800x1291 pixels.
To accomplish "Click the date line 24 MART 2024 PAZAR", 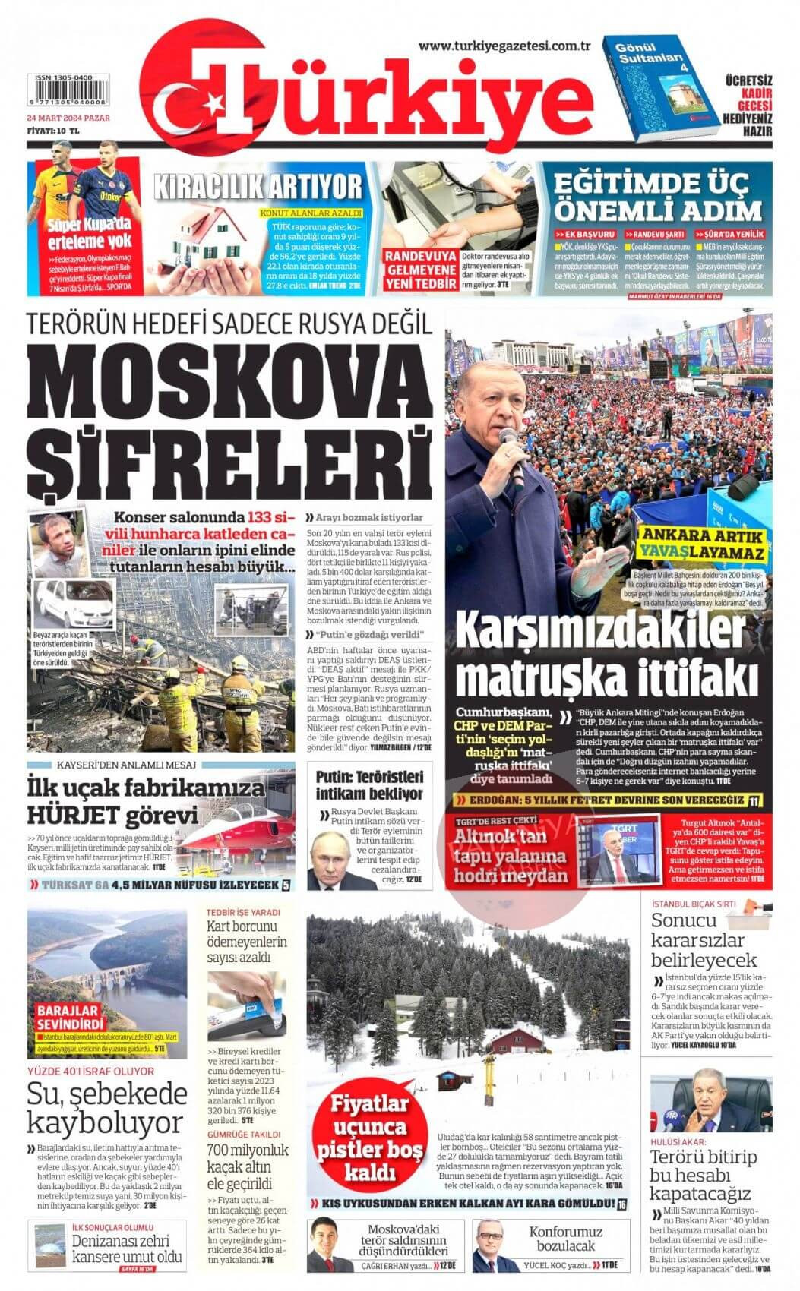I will pos(69,119).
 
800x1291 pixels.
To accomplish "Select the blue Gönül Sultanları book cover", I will pos(654,90).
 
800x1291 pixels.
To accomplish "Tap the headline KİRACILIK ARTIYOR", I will pos(258,185).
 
